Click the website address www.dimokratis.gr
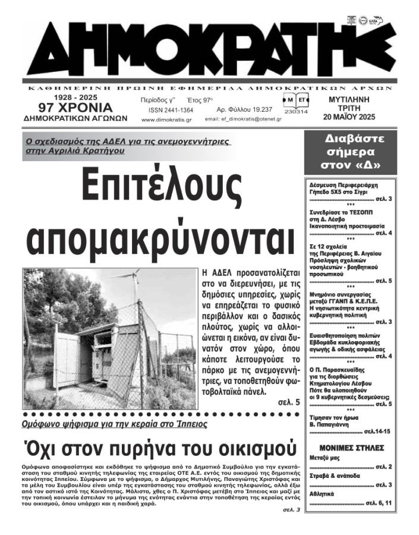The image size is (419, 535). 166,119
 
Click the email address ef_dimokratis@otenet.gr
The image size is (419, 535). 243,119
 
